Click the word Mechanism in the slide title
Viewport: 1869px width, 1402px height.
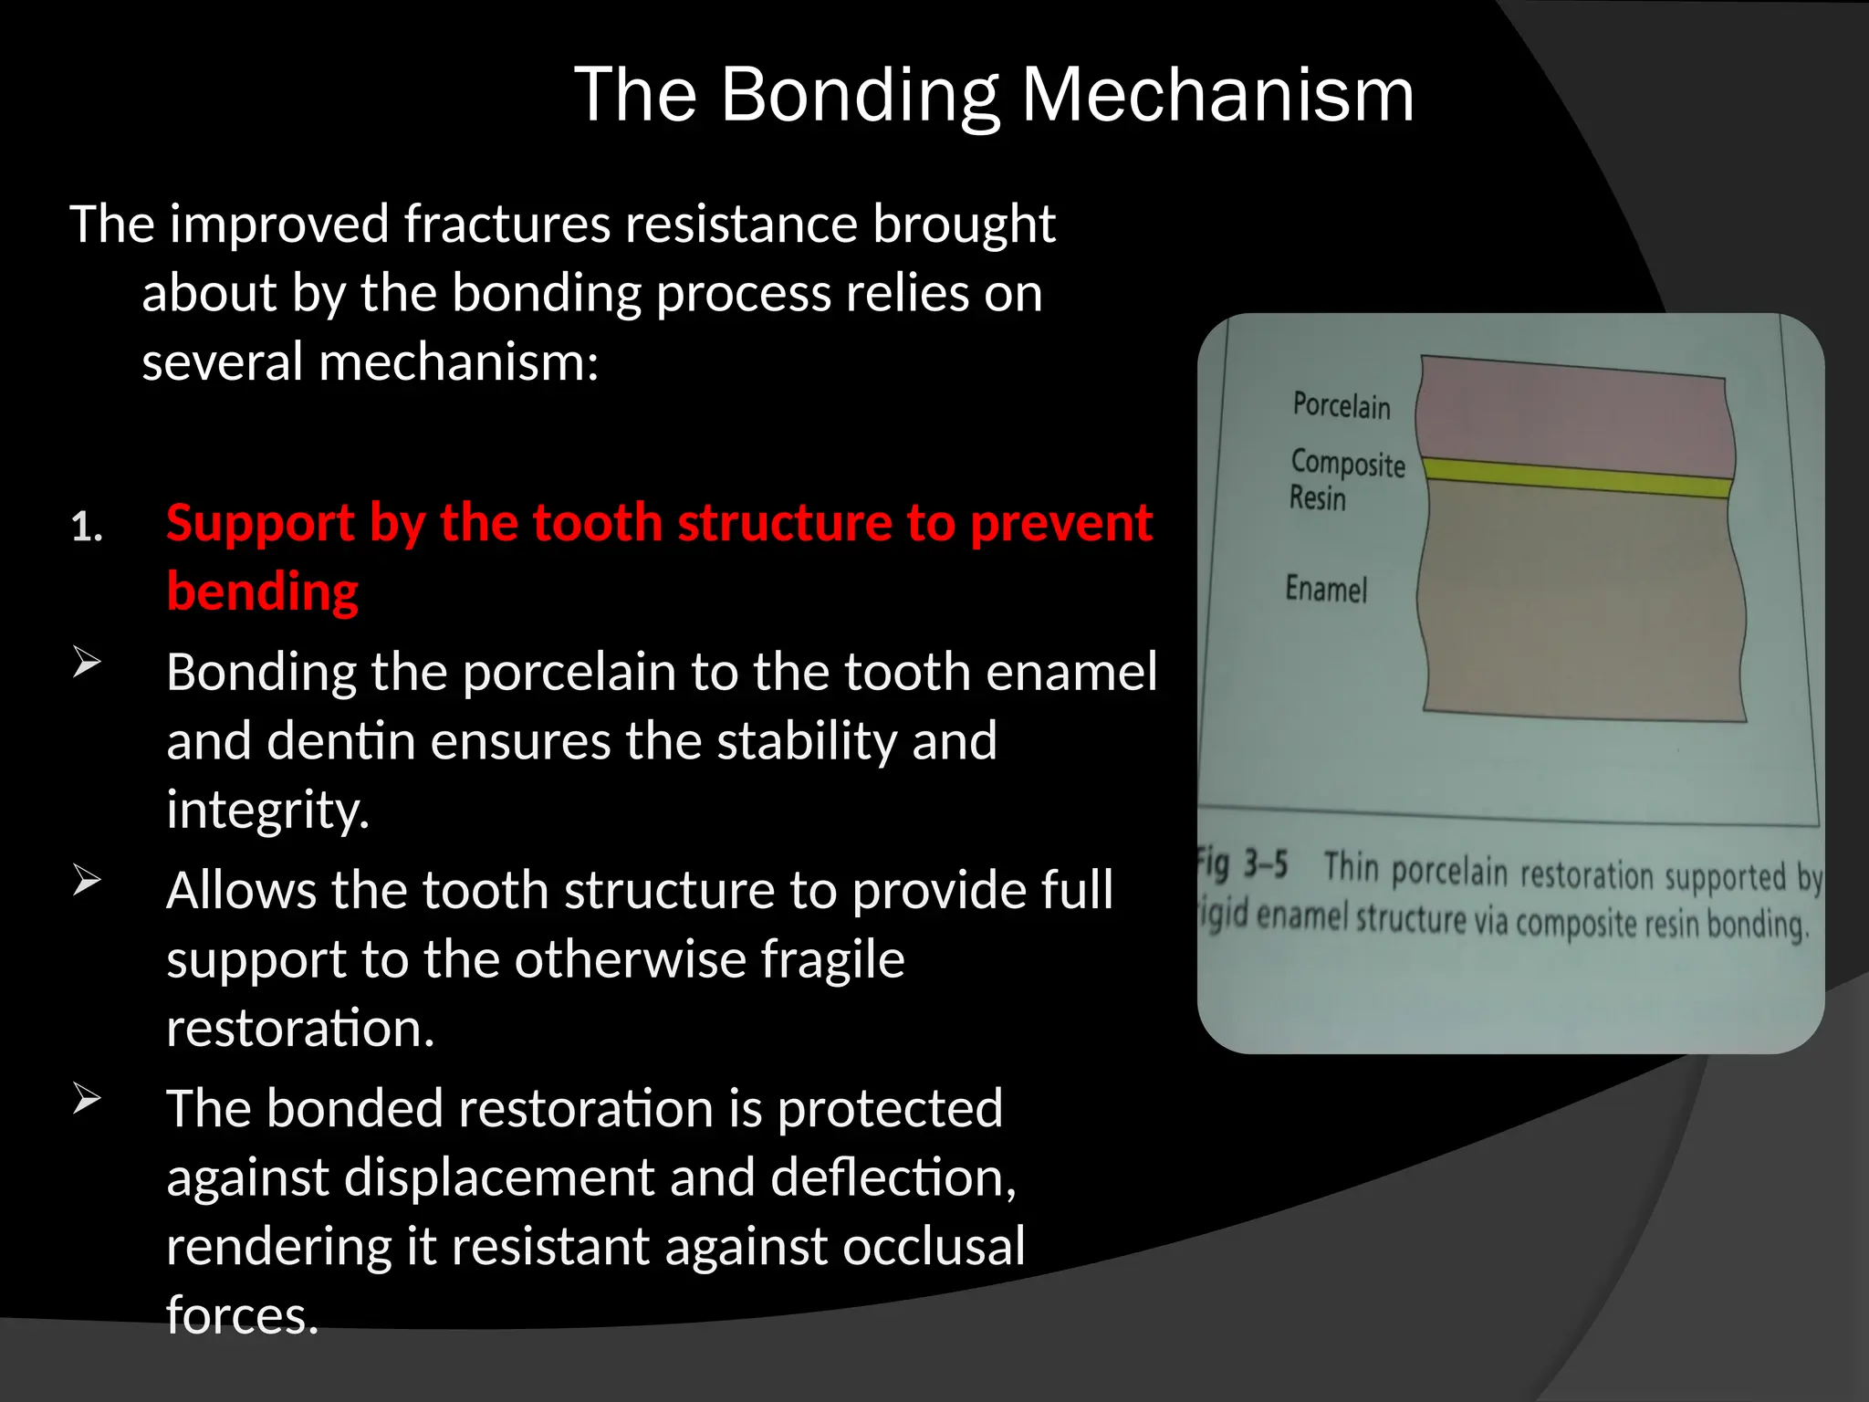click(x=1217, y=95)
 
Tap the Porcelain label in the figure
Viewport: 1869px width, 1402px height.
click(x=1341, y=405)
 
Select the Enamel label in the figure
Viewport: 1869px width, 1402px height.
click(x=1325, y=590)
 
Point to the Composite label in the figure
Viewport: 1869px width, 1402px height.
click(x=1347, y=463)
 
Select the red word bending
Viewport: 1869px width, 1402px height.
click(x=263, y=591)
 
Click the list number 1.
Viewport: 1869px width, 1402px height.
click(x=86, y=528)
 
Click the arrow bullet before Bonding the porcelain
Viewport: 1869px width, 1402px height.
click(x=87, y=662)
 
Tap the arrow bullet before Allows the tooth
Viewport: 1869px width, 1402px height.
click(x=87, y=881)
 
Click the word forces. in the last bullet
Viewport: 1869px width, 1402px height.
click(x=242, y=1315)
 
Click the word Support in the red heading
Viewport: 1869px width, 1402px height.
click(x=259, y=523)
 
